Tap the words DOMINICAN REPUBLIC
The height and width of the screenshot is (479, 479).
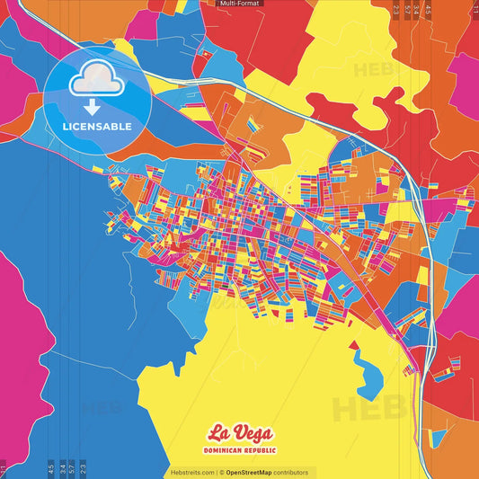point(239,449)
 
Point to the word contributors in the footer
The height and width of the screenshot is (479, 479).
point(291,472)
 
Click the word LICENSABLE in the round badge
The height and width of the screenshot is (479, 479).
point(97,127)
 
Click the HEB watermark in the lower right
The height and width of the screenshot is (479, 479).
point(359,409)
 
